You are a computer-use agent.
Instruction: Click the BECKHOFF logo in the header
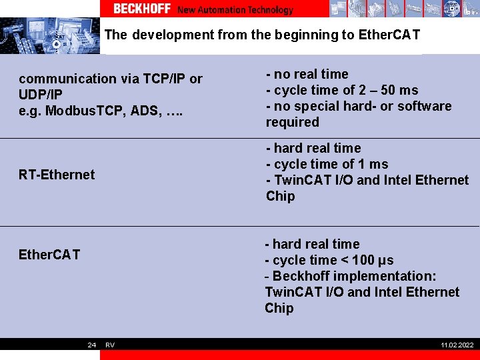point(141,9)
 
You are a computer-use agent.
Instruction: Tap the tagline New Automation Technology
point(235,10)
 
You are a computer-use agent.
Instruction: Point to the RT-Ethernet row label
point(57,175)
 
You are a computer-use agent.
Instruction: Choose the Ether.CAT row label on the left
point(49,255)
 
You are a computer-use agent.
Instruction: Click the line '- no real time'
point(307,74)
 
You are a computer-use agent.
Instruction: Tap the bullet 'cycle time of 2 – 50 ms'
point(345,90)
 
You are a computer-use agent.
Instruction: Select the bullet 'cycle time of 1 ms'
point(329,164)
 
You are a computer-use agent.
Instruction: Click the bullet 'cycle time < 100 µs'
point(333,260)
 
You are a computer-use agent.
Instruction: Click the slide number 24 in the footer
point(92,345)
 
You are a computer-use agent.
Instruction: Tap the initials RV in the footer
point(110,345)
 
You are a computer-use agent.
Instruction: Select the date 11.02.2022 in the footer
point(457,345)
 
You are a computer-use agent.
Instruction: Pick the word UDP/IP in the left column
point(41,95)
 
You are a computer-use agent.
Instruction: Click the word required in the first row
point(293,122)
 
